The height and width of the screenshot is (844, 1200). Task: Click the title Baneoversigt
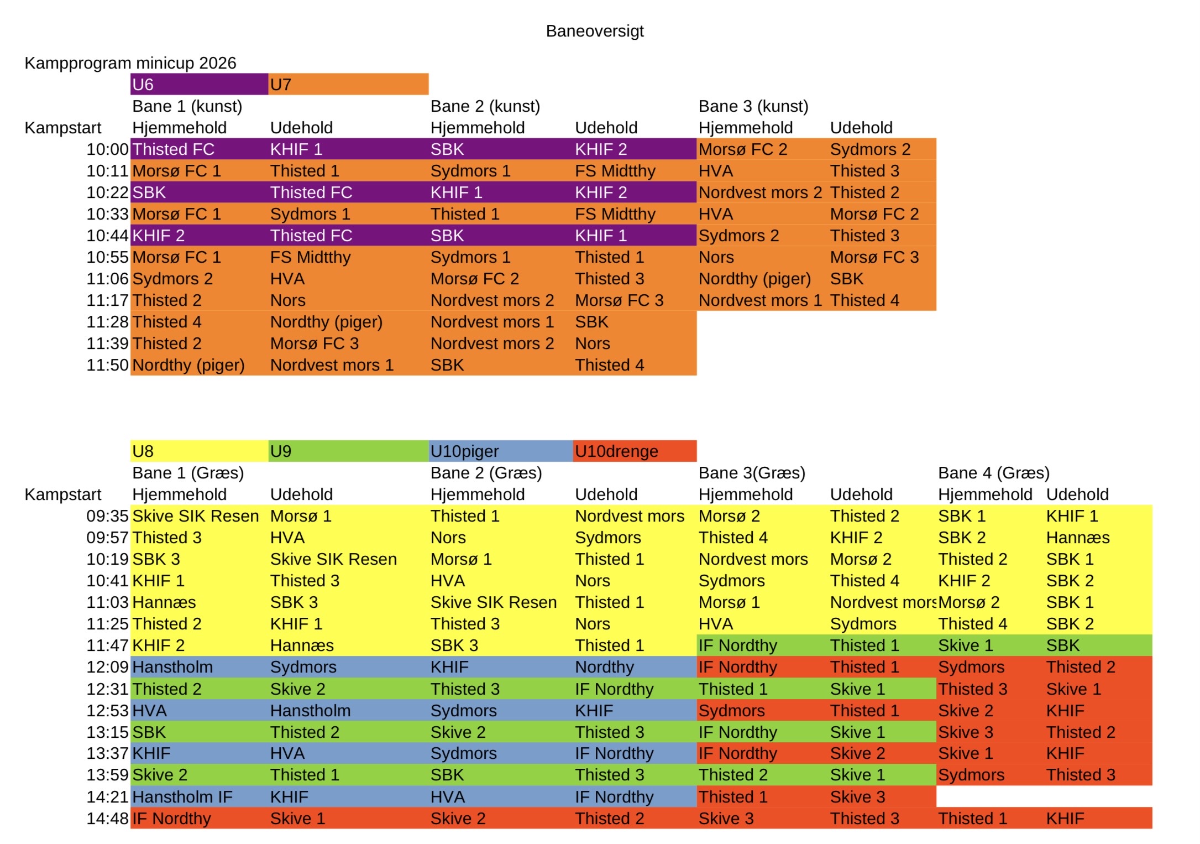click(x=595, y=31)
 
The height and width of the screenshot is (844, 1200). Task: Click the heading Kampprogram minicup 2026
click(x=130, y=63)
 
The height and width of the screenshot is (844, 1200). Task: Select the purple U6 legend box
click(x=199, y=85)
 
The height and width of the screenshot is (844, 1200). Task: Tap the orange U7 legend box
click(x=348, y=85)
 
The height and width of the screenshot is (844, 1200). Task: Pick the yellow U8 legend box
click(x=199, y=451)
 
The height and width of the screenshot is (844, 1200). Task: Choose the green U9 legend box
click(x=348, y=451)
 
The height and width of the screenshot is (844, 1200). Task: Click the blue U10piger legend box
click(x=501, y=451)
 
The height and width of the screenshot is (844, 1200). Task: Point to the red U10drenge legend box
click(x=635, y=451)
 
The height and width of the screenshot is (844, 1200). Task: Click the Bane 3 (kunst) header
click(x=753, y=106)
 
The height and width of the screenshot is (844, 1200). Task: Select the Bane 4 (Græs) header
click(x=994, y=473)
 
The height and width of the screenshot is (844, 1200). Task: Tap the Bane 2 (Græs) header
click(x=486, y=473)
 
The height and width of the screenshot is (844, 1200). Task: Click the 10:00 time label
click(x=107, y=149)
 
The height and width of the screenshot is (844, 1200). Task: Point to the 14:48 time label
click(x=107, y=819)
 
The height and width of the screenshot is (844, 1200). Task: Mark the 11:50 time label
click(x=107, y=365)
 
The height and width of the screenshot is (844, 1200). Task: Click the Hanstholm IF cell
click(x=182, y=797)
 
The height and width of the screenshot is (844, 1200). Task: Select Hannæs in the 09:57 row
click(x=1078, y=538)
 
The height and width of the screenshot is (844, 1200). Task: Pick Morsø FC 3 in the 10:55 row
click(x=874, y=257)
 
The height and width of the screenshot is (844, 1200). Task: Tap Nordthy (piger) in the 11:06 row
click(x=754, y=279)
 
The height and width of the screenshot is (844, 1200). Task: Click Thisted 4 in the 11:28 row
click(x=167, y=322)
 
